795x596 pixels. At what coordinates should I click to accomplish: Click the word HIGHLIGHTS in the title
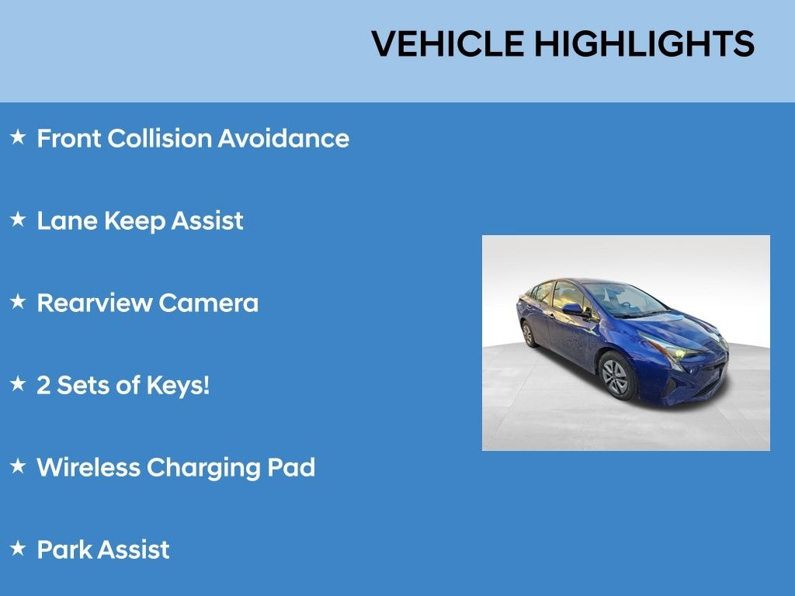click(x=644, y=44)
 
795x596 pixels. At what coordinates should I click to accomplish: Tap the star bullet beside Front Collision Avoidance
click(x=18, y=138)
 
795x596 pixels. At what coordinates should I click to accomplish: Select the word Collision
click(x=159, y=139)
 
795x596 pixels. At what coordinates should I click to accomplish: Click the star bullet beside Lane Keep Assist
click(x=18, y=220)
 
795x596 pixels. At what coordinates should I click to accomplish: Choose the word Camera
click(x=208, y=303)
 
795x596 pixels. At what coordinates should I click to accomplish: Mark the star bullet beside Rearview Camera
click(x=18, y=303)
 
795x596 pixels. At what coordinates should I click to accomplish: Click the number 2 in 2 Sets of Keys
click(x=43, y=385)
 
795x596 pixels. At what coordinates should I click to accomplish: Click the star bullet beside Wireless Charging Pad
click(x=18, y=467)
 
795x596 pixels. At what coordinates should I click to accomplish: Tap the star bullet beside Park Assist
click(x=18, y=549)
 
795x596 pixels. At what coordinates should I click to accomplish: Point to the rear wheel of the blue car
click(x=529, y=334)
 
